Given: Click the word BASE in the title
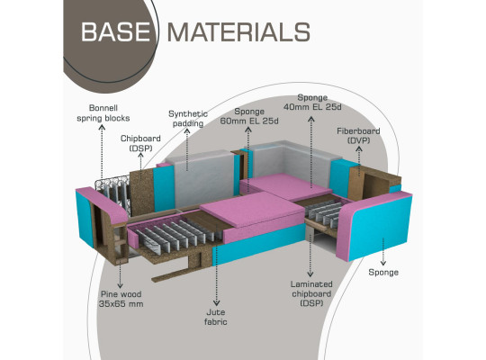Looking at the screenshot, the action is tap(115, 31).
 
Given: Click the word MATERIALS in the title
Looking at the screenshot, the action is tap(238, 31).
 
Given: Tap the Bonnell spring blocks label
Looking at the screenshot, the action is tap(103, 113).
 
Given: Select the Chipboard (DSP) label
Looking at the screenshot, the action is tap(140, 143).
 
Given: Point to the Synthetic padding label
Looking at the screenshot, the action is tap(188, 119).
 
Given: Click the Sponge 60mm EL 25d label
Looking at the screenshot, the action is tap(249, 116).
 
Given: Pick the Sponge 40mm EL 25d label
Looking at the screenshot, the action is tap(312, 102).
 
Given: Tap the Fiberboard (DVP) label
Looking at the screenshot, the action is tap(358, 136).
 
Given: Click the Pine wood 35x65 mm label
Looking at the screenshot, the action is tap(121, 299).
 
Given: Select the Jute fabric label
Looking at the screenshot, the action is tap(216, 317).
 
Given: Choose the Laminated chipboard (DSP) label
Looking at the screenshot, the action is tap(311, 293).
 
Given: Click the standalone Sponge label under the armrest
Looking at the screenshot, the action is tap(383, 272).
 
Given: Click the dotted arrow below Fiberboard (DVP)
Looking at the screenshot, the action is tap(359, 161).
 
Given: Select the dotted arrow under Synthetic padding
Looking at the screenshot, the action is tap(187, 149).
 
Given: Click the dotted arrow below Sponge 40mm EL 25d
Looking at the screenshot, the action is tap(311, 153).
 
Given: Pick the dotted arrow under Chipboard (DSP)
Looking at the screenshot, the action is tap(140, 166).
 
